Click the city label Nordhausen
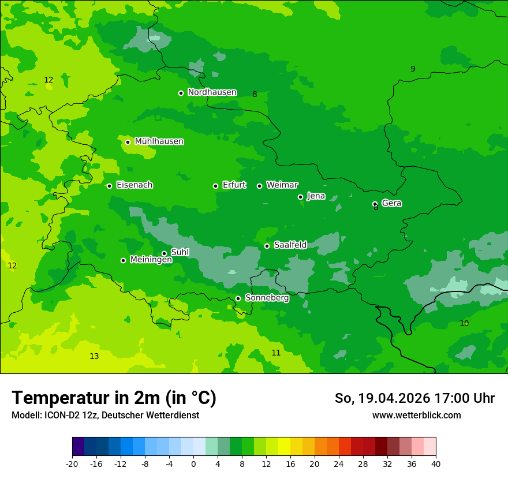[x=212, y=92]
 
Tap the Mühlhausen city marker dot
[x=128, y=142]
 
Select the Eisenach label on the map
[x=135, y=185]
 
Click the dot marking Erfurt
[x=215, y=186]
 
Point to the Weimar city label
[x=282, y=185]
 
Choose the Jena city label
[x=316, y=196]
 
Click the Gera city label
[x=391, y=203]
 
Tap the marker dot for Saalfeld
[x=267, y=246]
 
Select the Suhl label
[x=180, y=252]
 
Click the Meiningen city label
[x=151, y=260]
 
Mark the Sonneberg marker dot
[x=238, y=298]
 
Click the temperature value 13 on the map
[x=94, y=356]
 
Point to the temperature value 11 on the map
[x=276, y=353]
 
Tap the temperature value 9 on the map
[x=413, y=69]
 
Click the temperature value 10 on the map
[x=464, y=323]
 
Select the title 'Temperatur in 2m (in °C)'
[x=114, y=398]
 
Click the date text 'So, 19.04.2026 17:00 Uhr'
[x=414, y=398]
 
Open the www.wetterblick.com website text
[x=416, y=415]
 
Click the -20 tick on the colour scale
[x=72, y=463]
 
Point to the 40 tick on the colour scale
[x=436, y=463]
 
